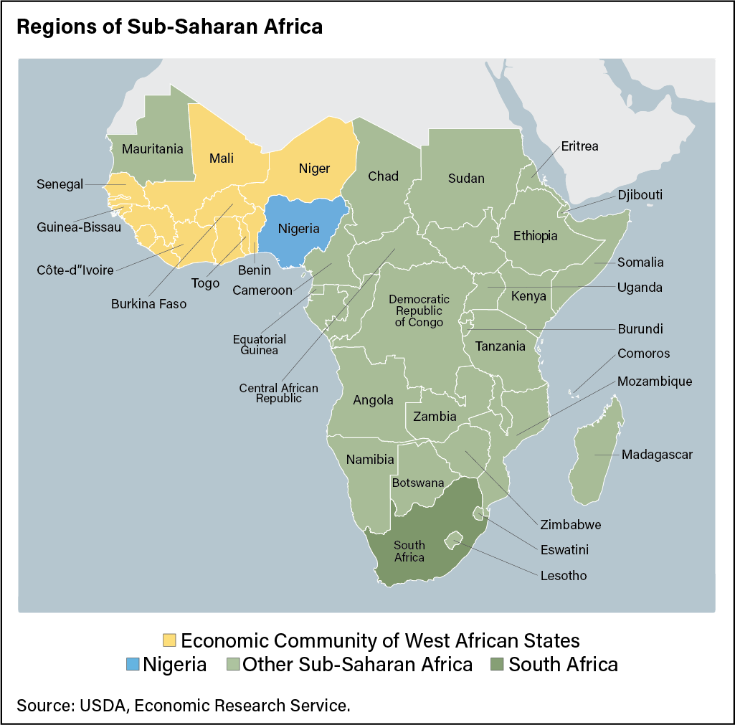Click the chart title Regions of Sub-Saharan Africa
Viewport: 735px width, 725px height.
tap(169, 27)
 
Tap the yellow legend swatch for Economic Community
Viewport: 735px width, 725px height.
tap(170, 640)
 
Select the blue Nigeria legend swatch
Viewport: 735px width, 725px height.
tap(132, 664)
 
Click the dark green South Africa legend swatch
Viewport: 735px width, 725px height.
tap(498, 664)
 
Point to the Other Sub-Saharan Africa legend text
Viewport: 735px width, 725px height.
tap(357, 664)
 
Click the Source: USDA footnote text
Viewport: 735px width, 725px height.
tap(183, 705)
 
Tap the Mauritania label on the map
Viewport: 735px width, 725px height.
tap(152, 149)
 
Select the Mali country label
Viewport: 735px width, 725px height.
tap(222, 158)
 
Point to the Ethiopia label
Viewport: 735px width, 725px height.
tap(535, 235)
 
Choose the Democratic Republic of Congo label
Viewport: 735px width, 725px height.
tap(419, 311)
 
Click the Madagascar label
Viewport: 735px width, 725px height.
tap(657, 455)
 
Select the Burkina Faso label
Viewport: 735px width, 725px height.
tap(148, 304)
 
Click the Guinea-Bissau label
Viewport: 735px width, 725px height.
tap(78, 227)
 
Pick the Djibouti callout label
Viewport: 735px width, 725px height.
tap(640, 194)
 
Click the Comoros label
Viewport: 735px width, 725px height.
tap(643, 354)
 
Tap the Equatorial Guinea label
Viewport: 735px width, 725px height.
tap(259, 344)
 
